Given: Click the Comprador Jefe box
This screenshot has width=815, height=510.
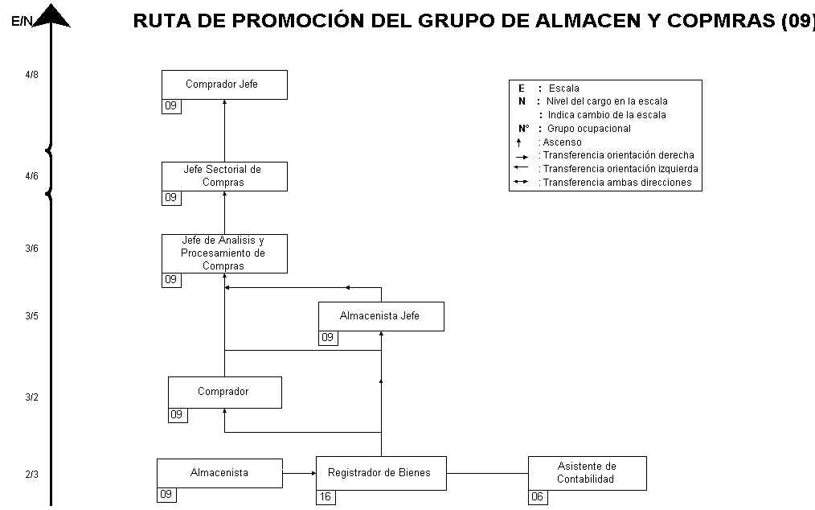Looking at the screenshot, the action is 224,84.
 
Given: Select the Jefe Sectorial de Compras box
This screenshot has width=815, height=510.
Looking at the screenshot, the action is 224,176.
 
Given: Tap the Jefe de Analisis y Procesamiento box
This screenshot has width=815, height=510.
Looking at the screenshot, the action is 224,253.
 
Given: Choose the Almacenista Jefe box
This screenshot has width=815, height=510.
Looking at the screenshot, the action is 381,316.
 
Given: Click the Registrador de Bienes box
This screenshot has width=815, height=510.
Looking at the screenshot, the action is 381,473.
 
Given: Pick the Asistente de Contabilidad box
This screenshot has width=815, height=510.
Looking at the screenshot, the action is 588,473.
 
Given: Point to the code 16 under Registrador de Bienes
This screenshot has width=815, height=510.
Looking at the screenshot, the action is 326,497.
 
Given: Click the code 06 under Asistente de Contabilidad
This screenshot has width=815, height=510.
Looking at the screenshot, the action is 538,497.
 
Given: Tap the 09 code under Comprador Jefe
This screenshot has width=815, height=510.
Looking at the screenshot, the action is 171,106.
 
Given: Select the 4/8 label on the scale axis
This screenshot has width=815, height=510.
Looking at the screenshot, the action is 31,75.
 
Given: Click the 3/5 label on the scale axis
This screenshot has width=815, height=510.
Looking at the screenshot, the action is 31,316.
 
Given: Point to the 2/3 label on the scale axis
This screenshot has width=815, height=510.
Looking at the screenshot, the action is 31,475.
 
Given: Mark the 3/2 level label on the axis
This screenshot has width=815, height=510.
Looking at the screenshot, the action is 31,397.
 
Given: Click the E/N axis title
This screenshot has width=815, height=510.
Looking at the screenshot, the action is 22,22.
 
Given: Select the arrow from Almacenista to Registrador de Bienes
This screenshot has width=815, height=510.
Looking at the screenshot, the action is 299,473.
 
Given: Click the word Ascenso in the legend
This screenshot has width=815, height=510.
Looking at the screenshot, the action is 562,142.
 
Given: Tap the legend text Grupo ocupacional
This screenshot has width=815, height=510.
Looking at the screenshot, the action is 589,129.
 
